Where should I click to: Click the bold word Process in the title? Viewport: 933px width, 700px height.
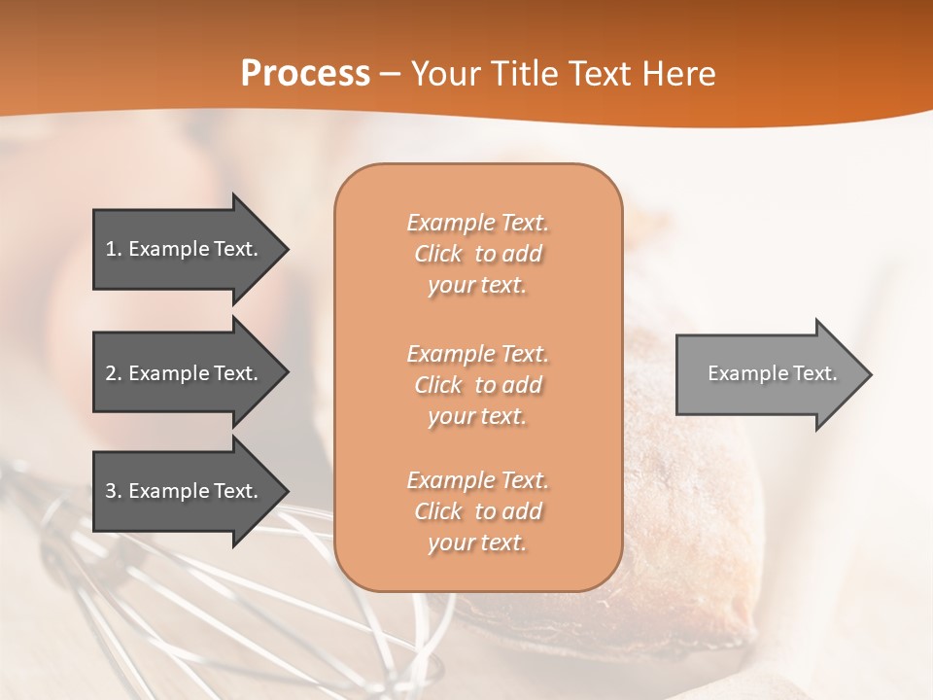pos(305,74)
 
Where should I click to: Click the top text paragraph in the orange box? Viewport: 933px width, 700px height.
pos(477,254)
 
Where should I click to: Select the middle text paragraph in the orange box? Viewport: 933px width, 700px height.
pos(477,385)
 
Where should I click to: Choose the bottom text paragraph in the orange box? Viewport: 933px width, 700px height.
pos(477,511)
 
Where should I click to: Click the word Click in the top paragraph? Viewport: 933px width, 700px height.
pos(438,254)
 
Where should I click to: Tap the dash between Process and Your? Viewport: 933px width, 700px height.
pos(390,75)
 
